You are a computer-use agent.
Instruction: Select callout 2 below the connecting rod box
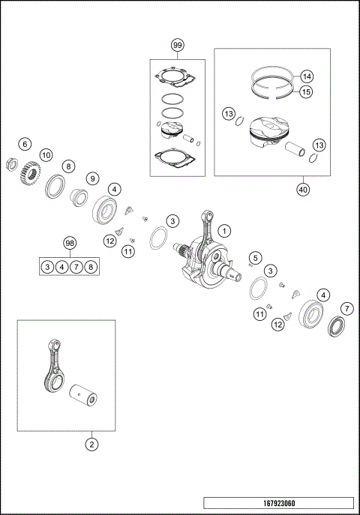point(91,445)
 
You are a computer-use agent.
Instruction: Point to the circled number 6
point(25,144)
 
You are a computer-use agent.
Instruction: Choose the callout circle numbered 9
point(92,178)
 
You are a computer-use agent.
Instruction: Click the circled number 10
point(45,154)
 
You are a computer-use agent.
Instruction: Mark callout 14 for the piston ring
point(306,76)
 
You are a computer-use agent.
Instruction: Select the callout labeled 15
point(306,91)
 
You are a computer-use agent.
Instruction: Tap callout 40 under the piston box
point(302,190)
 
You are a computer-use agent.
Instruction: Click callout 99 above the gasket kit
point(177,46)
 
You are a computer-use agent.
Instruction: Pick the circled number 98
point(69,244)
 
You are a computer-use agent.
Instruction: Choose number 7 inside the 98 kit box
point(76,265)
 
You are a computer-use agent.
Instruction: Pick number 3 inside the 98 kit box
point(47,265)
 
